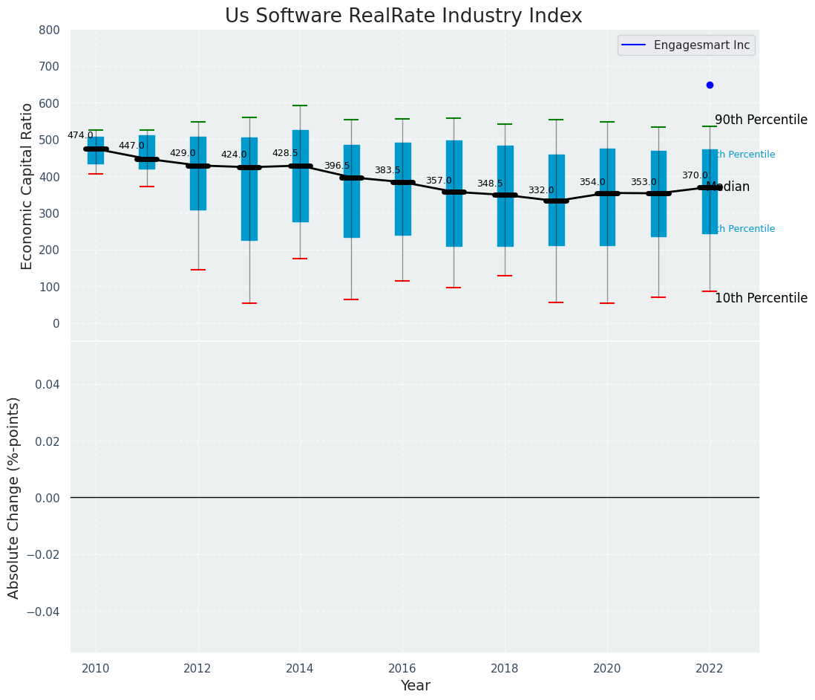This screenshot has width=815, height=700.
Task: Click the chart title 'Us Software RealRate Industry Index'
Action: click(x=403, y=16)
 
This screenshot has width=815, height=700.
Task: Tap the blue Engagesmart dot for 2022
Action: click(x=710, y=85)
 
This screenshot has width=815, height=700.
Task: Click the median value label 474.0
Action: click(x=80, y=136)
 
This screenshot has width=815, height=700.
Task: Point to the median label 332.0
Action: click(x=541, y=191)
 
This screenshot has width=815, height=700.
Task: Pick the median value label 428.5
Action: click(x=285, y=154)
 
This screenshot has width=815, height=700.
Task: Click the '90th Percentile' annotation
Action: click(x=761, y=120)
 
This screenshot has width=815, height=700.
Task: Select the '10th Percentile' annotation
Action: click(x=761, y=299)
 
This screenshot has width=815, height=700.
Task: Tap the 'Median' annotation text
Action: click(x=727, y=187)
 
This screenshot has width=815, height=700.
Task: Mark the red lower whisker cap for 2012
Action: click(x=198, y=270)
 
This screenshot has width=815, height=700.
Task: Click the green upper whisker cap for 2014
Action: click(x=300, y=106)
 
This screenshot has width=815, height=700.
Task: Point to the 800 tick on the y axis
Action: click(x=51, y=30)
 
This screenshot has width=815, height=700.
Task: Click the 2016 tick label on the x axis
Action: click(x=402, y=669)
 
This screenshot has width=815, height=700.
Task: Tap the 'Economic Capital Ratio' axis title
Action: click(x=27, y=186)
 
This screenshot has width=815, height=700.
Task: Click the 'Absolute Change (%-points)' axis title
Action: click(x=14, y=497)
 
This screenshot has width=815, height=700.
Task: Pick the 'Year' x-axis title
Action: click(x=415, y=686)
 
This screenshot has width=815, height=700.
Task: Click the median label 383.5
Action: click(x=387, y=171)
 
